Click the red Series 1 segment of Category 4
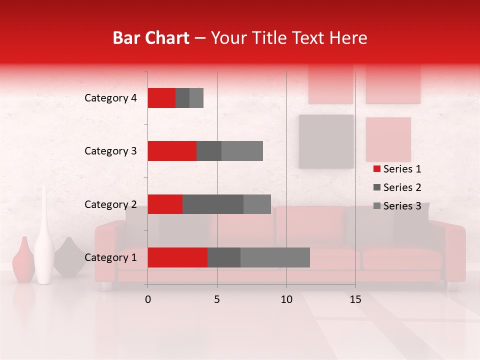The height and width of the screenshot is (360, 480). pos(161,98)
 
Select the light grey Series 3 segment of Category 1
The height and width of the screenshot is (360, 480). pos(275,257)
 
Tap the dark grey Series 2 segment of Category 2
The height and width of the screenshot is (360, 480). pos(213,204)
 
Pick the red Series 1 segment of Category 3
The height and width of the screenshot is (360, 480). pos(172,151)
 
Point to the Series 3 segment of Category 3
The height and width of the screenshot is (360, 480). pos(242,151)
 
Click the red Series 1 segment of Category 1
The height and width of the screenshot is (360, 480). pos(177,257)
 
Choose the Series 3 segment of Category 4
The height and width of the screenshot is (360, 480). pos(196,98)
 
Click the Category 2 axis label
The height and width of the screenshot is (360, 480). pos(110,204)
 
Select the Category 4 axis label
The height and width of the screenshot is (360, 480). pos(110,98)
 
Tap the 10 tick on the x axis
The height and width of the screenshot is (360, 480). pos(286,299)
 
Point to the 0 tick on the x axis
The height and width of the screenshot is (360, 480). pos(147,299)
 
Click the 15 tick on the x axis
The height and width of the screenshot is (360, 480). pos(355,299)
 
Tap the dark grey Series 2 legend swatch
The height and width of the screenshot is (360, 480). pos(376,187)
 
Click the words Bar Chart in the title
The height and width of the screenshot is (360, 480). pos(151,38)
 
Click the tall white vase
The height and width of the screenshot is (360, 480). pos(44,240)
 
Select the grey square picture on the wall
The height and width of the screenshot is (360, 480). pos(326,141)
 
